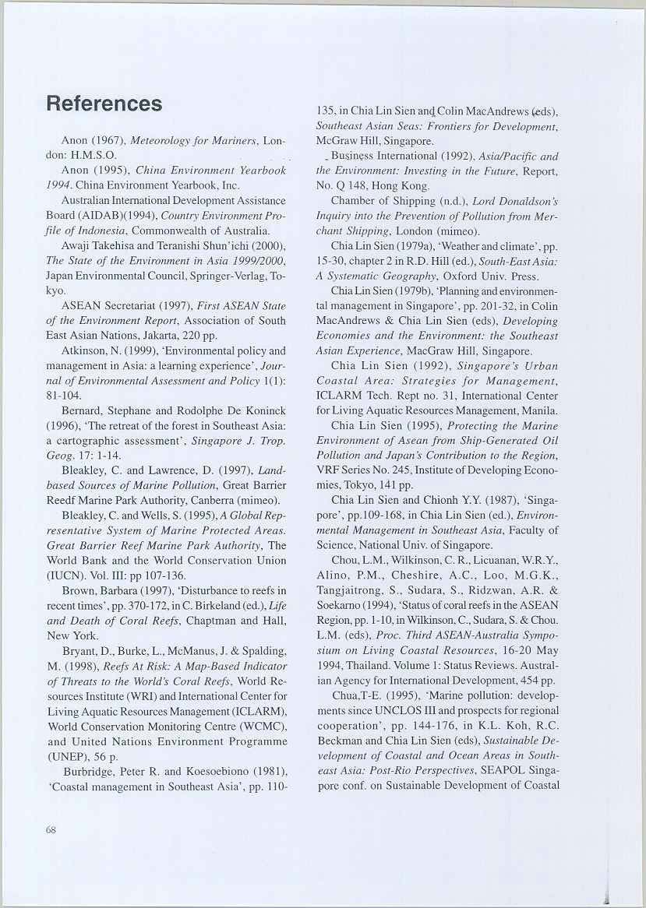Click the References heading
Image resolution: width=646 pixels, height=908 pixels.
104,104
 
